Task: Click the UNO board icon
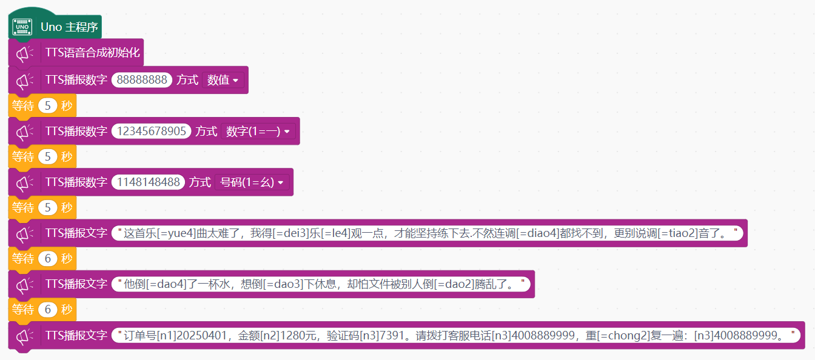(22, 27)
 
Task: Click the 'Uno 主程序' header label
(69, 27)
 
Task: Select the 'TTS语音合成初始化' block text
(92, 53)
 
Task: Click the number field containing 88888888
(142, 79)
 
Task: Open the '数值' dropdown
(223, 80)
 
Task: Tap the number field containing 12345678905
(152, 131)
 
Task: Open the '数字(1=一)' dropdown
(258, 131)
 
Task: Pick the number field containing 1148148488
(148, 182)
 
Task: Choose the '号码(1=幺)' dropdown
(252, 182)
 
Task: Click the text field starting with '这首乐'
(427, 233)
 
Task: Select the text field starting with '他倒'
(321, 284)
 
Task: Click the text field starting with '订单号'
(456, 335)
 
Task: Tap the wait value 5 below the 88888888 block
(48, 105)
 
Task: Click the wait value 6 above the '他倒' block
(48, 259)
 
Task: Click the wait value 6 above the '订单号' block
(48, 310)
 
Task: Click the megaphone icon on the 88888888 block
(24, 81)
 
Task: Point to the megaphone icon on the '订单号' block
(24, 336)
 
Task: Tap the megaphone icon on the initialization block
(24, 53)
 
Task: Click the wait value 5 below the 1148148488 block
(48, 208)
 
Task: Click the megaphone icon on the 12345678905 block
(24, 132)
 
